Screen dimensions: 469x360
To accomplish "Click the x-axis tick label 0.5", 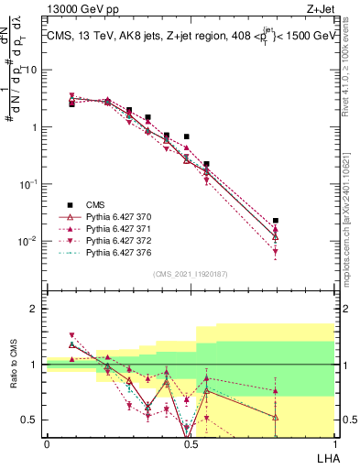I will (x=190, y=443).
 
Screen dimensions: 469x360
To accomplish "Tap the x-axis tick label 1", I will (x=333, y=443).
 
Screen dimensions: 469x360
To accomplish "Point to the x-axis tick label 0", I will (x=47, y=443).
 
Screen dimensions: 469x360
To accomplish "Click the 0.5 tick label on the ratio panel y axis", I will (x=31, y=420).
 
